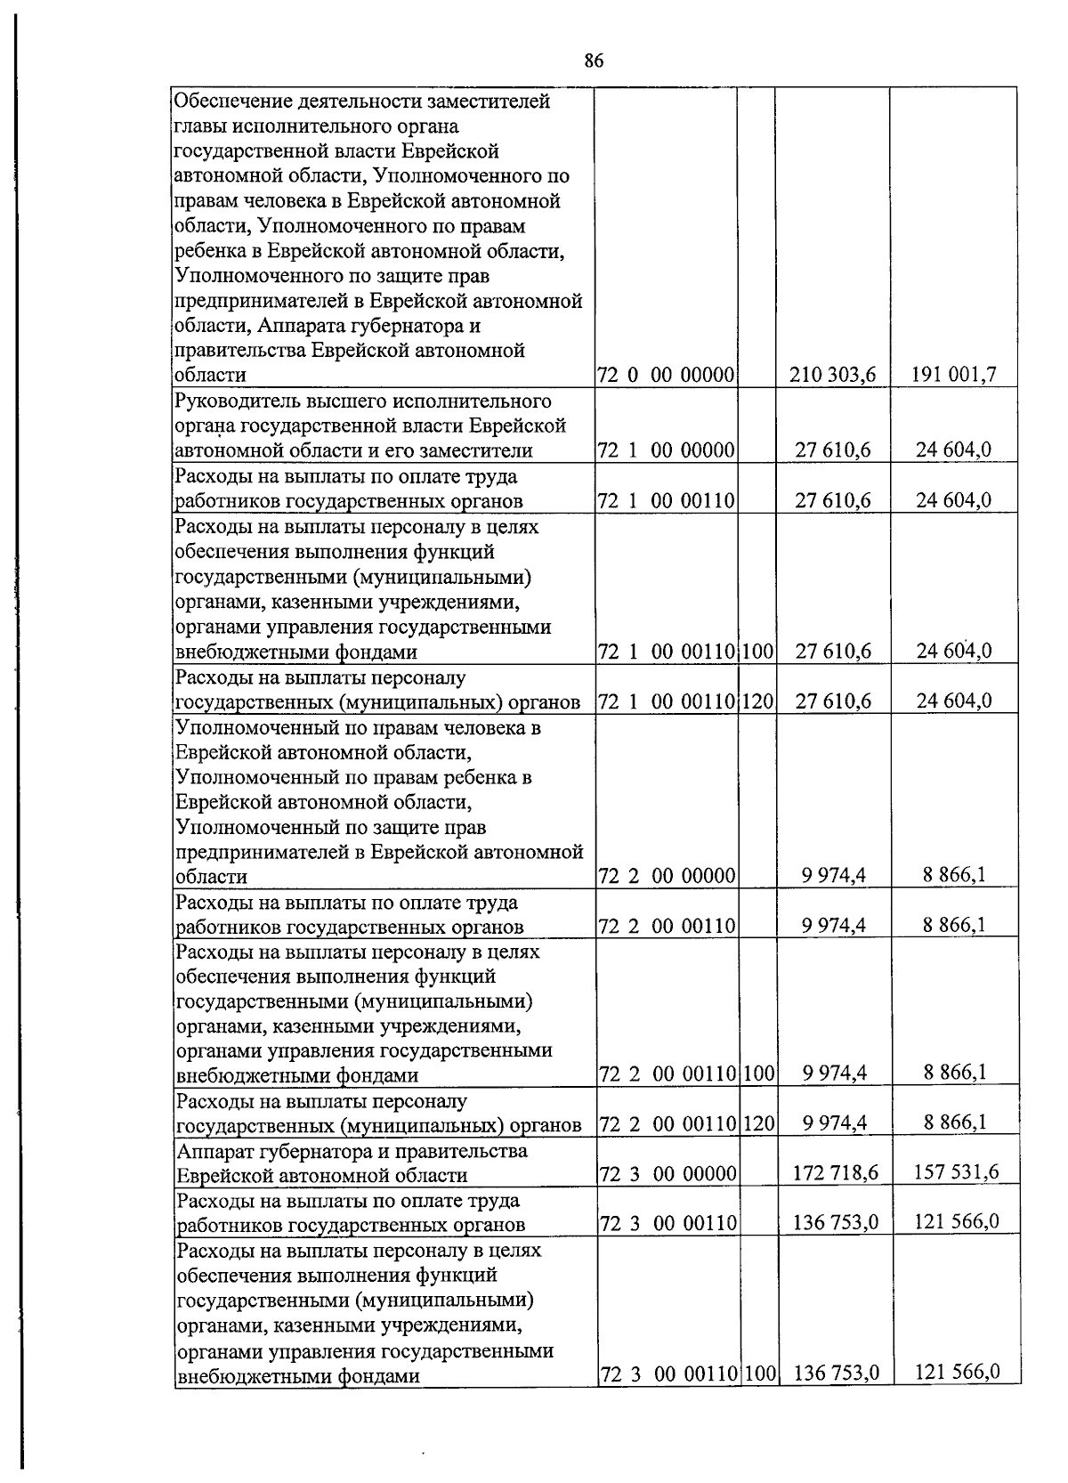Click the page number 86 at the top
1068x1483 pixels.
click(x=595, y=61)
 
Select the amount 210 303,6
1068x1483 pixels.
click(x=832, y=376)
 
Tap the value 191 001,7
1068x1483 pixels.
click(x=953, y=375)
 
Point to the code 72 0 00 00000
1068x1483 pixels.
click(x=666, y=376)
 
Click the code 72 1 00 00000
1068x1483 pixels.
click(x=666, y=450)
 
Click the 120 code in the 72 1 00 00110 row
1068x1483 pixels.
click(x=756, y=701)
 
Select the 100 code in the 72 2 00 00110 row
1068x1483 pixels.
click(x=757, y=1074)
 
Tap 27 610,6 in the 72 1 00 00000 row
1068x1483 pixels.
click(x=832, y=450)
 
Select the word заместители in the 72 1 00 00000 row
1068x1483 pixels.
click(x=481, y=450)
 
